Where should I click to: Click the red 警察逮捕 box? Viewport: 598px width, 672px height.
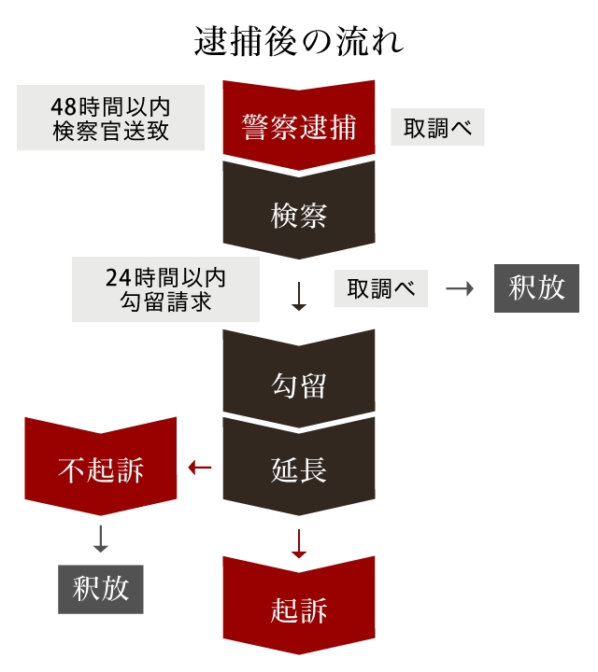click(x=299, y=127)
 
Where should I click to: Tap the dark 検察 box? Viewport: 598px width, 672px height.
click(x=299, y=215)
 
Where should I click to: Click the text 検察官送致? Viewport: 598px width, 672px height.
click(x=110, y=131)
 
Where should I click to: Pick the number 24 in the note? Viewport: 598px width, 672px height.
click(x=119, y=278)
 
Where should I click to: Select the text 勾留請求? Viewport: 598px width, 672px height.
click(x=166, y=301)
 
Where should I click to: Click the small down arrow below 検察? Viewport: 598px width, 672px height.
click(x=299, y=296)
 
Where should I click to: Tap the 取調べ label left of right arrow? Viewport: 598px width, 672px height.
click(x=380, y=288)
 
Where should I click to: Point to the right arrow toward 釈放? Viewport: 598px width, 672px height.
click(x=460, y=288)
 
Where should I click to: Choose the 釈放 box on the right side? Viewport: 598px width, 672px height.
click(x=536, y=288)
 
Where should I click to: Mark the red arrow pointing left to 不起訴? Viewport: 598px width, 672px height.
click(x=200, y=467)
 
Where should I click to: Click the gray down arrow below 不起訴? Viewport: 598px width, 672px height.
click(x=101, y=538)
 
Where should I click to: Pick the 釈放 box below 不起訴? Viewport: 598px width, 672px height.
click(x=101, y=589)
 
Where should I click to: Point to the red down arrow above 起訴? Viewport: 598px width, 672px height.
click(x=299, y=544)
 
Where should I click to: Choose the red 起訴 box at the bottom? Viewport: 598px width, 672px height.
click(x=299, y=610)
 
